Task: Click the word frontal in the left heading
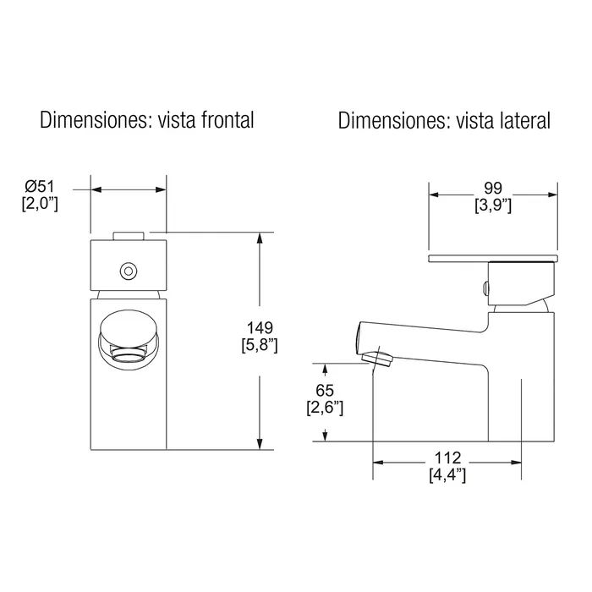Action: coord(227,120)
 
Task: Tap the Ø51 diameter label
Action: coord(40,187)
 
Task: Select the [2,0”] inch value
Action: coord(40,204)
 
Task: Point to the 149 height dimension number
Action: coord(260,328)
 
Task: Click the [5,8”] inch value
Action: coord(260,345)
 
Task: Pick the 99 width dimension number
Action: coord(493,188)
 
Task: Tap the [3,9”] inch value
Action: coord(493,206)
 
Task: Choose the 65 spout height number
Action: coord(325,390)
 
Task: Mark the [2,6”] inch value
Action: coord(325,408)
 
